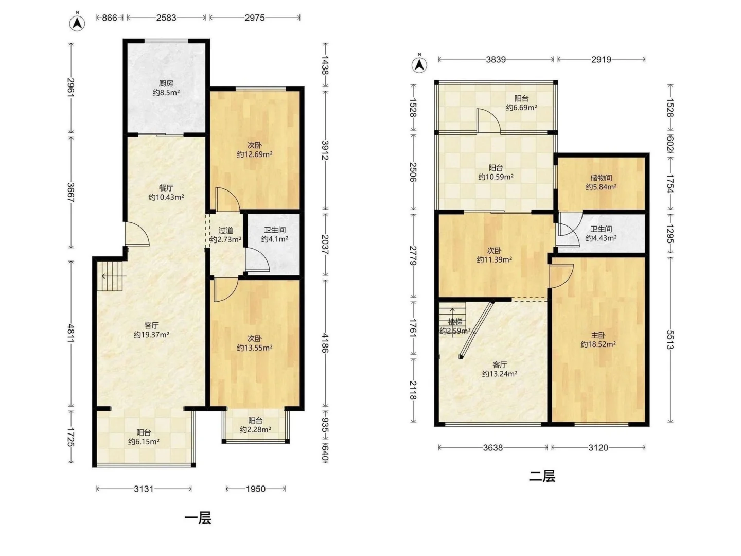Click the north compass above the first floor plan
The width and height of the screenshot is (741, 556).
pos(77,23)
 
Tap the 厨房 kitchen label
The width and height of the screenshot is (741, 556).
pos(166,83)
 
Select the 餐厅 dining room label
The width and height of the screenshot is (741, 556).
pos(166,188)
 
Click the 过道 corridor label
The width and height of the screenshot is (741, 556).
pos(225,231)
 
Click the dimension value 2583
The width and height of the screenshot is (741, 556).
pos(166,18)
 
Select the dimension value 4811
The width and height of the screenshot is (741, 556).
pos(71,333)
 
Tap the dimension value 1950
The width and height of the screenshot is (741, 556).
pos(256,489)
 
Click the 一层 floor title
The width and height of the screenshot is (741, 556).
pos(198,517)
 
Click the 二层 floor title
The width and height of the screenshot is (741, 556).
pos(542,476)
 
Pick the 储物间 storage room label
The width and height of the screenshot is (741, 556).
pos(601,178)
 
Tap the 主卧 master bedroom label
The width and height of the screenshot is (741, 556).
pos(598,335)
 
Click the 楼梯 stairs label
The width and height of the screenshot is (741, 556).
pos(455,322)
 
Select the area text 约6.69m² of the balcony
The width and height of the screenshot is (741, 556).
pos(521,108)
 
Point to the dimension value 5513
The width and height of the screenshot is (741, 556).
pos(670,340)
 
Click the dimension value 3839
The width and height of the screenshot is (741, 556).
pos(496,59)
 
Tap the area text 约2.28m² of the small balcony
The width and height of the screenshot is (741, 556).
pos(255,429)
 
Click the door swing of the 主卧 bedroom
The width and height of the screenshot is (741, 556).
pos(561,276)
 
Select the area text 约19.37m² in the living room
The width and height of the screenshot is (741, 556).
pos(151,335)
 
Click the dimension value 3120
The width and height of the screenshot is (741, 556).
pos(598,448)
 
